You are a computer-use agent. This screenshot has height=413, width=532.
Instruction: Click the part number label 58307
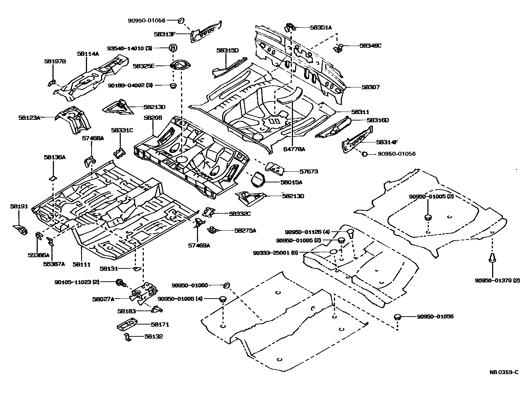click(x=370, y=87)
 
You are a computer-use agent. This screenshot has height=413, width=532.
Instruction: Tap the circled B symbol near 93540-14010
click(x=173, y=48)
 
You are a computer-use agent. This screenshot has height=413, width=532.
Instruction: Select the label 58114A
click(x=88, y=54)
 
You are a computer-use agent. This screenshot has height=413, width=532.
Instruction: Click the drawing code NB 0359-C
click(x=504, y=372)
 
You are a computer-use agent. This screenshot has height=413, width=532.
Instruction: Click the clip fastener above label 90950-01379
click(x=492, y=259)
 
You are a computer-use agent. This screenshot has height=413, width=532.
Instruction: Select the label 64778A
click(x=293, y=149)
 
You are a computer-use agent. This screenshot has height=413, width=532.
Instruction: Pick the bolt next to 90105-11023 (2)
click(x=120, y=283)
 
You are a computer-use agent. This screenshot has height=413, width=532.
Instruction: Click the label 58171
click(x=160, y=324)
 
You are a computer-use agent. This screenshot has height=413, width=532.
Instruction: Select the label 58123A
click(x=29, y=117)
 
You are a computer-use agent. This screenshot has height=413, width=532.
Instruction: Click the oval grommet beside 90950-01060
click(x=226, y=286)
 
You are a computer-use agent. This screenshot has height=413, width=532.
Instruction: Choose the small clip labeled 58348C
click(x=338, y=48)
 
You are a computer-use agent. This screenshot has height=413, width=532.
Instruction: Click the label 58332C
click(x=239, y=214)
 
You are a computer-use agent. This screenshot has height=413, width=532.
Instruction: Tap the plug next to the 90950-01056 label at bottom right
click(x=397, y=317)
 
